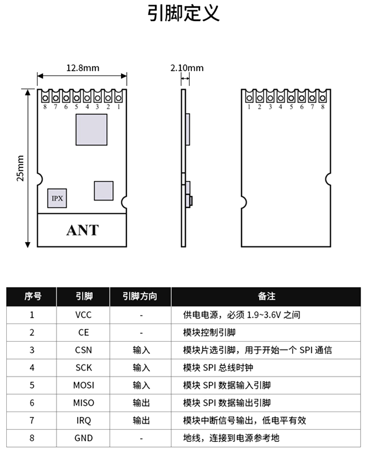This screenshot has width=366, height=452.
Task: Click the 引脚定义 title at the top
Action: click(x=183, y=14)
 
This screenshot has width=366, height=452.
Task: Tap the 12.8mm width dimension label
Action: click(x=82, y=68)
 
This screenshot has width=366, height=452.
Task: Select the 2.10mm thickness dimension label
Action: click(x=187, y=68)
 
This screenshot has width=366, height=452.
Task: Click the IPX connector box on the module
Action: click(x=57, y=198)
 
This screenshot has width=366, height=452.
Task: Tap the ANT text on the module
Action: click(x=82, y=230)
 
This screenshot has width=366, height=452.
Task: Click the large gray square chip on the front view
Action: click(x=91, y=129)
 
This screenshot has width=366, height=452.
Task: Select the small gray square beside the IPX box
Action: click(x=103, y=190)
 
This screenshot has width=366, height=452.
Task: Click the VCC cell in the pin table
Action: click(x=83, y=315)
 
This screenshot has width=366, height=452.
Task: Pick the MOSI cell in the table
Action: click(x=83, y=385)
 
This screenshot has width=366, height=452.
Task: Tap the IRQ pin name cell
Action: click(x=83, y=420)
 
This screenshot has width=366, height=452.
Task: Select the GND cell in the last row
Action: click(x=83, y=438)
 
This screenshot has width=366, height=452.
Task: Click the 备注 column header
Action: click(x=266, y=296)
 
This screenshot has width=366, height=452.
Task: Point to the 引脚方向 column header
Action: click(x=141, y=296)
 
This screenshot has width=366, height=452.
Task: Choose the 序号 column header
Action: click(x=32, y=296)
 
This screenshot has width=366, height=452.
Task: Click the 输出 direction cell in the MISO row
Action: click(x=141, y=403)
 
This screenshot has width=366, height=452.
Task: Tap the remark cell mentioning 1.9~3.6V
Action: click(x=242, y=315)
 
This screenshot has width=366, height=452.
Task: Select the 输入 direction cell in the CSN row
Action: click(x=141, y=350)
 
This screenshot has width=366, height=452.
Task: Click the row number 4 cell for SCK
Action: click(x=32, y=368)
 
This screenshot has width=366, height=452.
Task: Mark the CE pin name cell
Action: click(x=83, y=332)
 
